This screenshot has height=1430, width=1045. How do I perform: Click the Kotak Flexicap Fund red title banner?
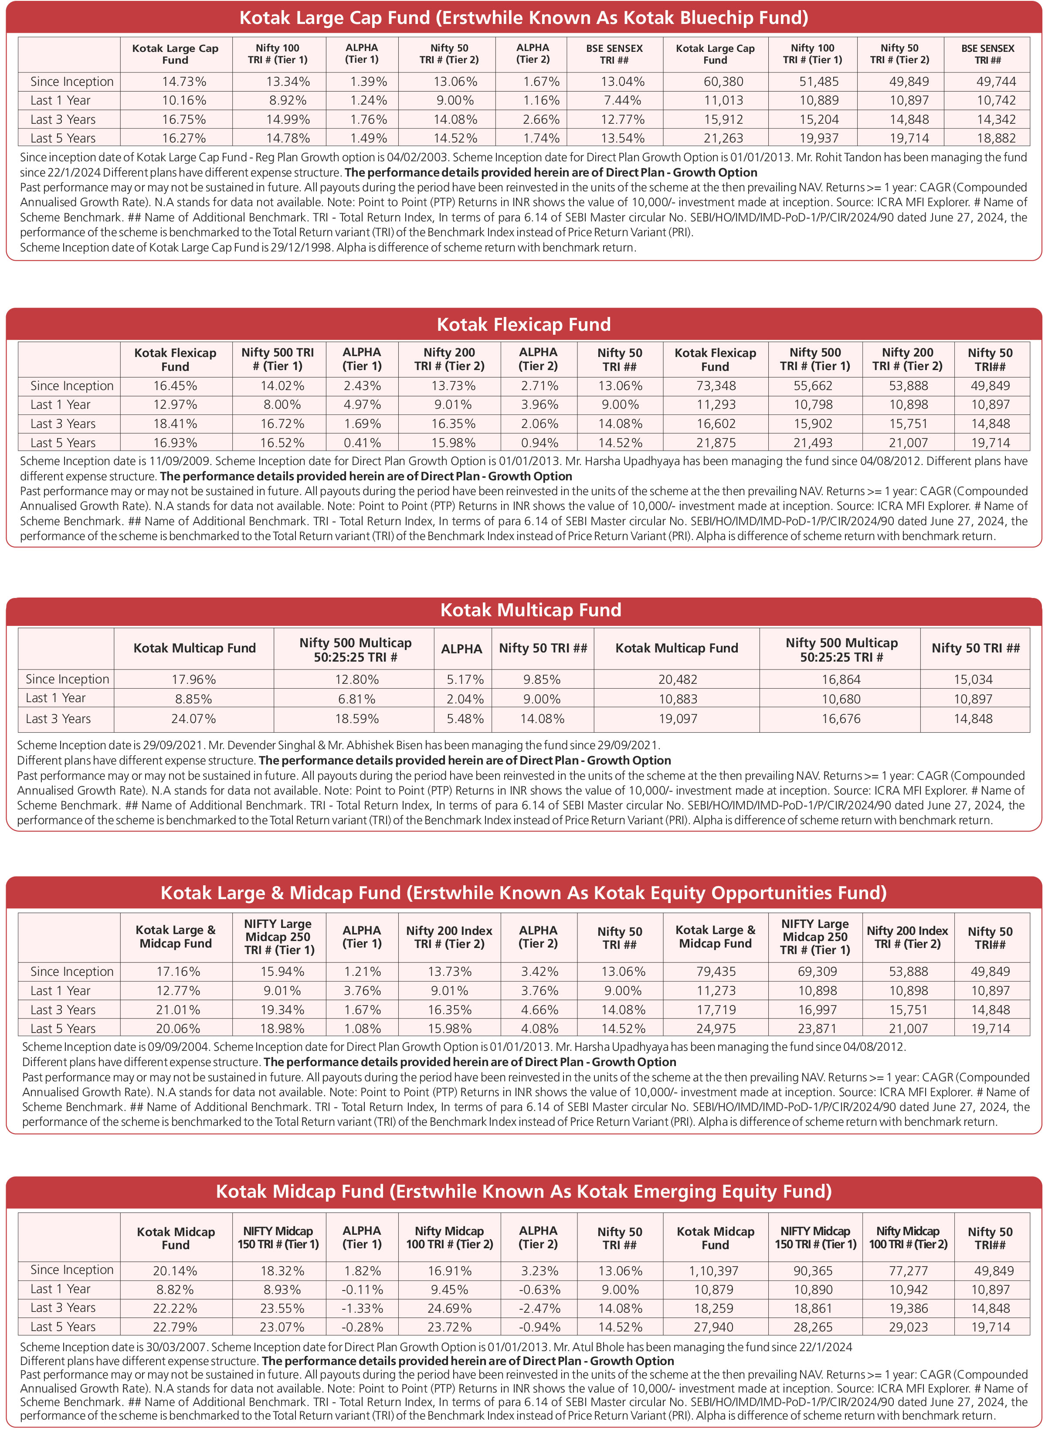pos(524,325)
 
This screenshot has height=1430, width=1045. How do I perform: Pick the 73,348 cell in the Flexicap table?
pos(716,386)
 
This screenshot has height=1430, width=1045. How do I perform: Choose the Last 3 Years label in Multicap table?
pos(58,719)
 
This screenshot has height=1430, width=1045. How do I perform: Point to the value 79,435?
pos(716,971)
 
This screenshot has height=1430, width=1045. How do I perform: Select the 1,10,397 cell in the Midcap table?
pos(716,1270)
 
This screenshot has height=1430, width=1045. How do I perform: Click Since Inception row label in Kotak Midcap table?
pos(71,1270)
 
